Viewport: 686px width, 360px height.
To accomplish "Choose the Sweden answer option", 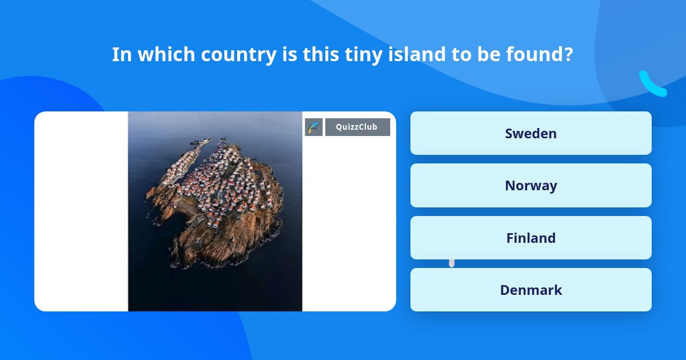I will point(531,133).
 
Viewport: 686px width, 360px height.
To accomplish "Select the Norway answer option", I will point(531,186).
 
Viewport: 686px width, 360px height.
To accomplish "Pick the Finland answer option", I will point(531,238).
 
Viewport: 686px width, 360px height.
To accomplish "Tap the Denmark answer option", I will point(531,290).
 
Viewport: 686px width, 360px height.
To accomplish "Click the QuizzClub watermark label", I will point(357,127).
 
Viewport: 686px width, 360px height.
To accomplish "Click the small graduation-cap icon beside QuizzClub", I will point(314,127).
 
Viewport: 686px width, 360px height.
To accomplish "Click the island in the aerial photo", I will point(214,200).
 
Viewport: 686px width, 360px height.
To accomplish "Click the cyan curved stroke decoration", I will point(652,84).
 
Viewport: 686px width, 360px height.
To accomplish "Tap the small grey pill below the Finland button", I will point(452,263).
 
